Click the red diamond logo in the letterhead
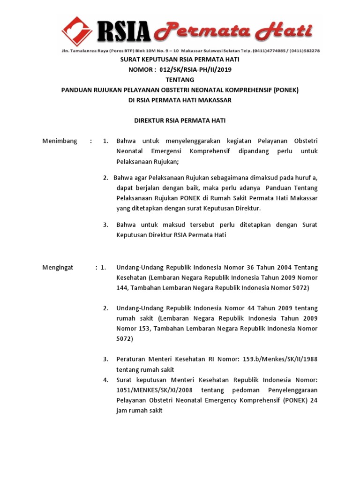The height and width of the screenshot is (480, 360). point(77,31)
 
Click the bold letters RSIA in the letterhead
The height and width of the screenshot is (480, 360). point(123,32)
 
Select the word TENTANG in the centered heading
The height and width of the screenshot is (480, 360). point(180,80)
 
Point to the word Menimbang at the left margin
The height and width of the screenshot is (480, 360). point(60,141)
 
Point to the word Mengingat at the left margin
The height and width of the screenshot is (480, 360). point(58,267)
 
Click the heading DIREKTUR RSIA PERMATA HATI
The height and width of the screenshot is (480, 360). point(180,120)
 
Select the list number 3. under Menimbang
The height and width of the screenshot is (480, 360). point(106,225)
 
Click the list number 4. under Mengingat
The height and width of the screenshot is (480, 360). point(106,379)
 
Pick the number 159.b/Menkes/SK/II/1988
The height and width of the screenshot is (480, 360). point(280,359)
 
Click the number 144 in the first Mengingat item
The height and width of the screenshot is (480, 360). point(122,288)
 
